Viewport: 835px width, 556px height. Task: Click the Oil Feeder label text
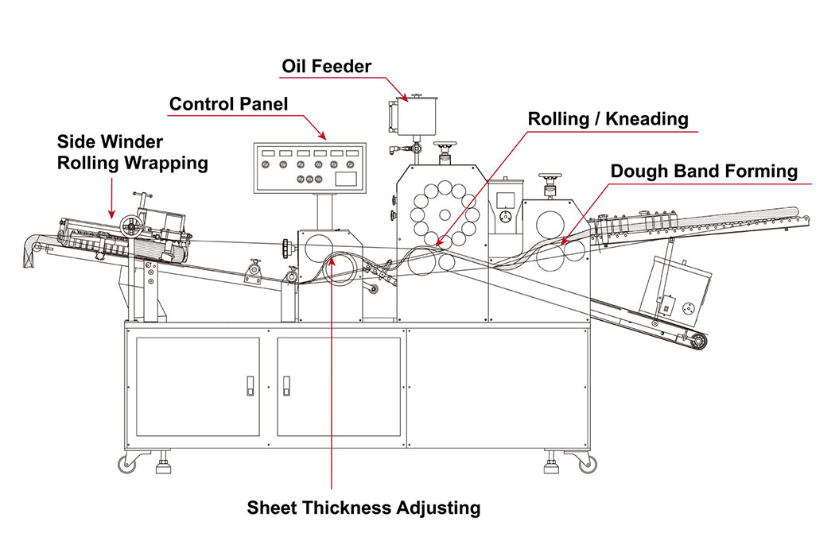328,67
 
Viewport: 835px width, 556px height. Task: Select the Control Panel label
229,104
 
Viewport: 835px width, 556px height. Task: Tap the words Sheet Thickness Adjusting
363,508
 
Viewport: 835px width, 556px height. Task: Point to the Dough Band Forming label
704,171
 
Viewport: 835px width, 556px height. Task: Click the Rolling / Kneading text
608,119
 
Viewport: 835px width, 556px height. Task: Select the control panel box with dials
309,168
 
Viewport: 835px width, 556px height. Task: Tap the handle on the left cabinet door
250,385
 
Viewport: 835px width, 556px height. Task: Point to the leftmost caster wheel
127,464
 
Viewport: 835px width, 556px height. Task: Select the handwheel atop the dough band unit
548,178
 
